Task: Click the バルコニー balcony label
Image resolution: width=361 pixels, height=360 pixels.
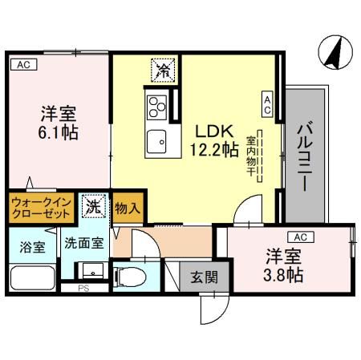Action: coord(305,156)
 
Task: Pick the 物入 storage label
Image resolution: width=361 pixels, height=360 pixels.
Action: coord(128,208)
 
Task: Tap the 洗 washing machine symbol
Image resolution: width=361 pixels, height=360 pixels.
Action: coord(93,206)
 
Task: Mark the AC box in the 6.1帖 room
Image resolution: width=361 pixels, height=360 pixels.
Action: coord(22,65)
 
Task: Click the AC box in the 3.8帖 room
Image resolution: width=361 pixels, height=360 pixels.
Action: coord(299,237)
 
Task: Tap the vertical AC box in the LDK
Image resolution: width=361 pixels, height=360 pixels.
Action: coord(267,103)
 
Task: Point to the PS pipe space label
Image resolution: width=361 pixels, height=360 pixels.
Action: coord(83,287)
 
